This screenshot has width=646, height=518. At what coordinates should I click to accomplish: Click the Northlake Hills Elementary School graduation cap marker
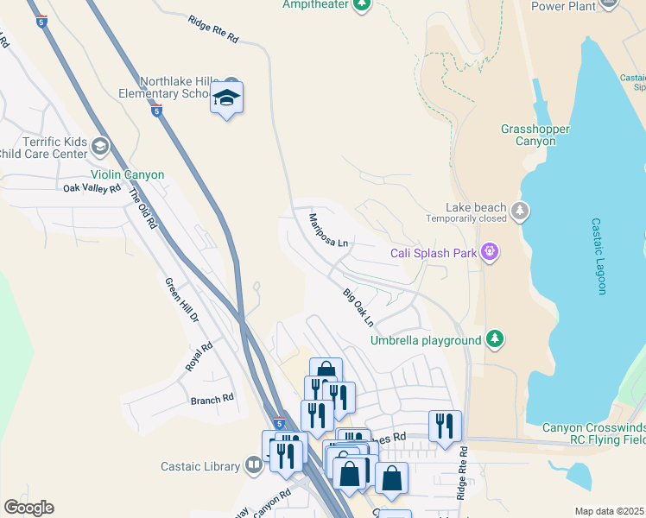(226, 98)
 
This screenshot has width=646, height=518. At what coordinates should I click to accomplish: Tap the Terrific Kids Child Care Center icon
(101, 147)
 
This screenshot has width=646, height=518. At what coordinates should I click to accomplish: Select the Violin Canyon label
(126, 174)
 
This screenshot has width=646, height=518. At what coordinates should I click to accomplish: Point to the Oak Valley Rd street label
(92, 187)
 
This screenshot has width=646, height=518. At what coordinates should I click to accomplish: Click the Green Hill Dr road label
(182, 300)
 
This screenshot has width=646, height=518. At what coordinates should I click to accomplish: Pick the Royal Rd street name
(199, 357)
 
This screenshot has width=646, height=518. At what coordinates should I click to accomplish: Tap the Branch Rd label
(212, 399)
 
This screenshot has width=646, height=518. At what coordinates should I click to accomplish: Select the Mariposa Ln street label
(329, 231)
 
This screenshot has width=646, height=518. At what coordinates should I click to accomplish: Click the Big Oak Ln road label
(358, 308)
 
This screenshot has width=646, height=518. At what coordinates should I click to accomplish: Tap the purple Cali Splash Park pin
(491, 252)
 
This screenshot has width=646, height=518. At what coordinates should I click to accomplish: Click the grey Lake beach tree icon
(520, 211)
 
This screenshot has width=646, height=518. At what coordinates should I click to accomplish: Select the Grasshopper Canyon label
(535, 135)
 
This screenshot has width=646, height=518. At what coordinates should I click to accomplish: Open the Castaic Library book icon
(253, 466)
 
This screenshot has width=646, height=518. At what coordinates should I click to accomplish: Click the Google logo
(28, 508)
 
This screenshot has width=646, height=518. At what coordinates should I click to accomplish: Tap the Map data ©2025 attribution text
(609, 511)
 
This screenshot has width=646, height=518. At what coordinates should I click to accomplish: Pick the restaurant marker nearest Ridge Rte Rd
(445, 425)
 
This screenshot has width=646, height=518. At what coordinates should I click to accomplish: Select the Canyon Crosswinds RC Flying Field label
(594, 433)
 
